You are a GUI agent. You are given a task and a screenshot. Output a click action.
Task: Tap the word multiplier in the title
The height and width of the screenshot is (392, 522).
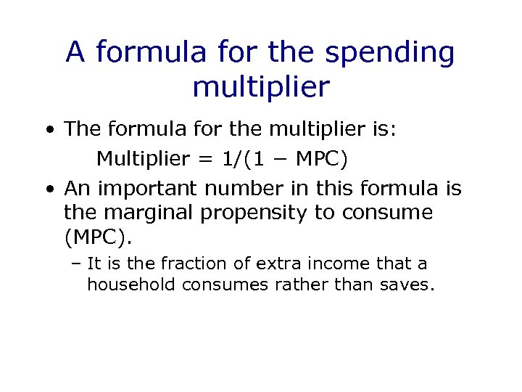pyautogui.click(x=261, y=88)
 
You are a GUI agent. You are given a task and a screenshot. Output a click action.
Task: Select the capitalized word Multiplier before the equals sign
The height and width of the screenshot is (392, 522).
pyautogui.click(x=143, y=158)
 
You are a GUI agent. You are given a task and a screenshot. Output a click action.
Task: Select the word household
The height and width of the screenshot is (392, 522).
pyautogui.click(x=131, y=284)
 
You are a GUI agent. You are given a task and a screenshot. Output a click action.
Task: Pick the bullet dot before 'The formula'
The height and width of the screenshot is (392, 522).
pyautogui.click(x=48, y=131)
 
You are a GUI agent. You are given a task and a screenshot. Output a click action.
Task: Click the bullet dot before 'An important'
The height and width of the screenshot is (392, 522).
pyautogui.click(x=48, y=189)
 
